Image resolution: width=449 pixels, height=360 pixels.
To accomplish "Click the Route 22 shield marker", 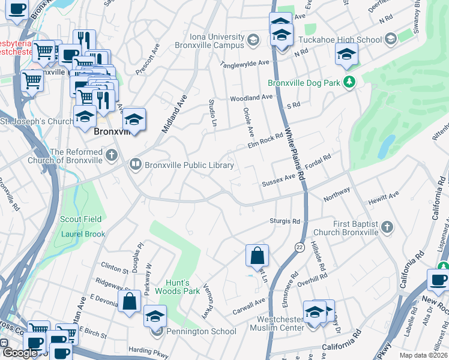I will pos(299,247).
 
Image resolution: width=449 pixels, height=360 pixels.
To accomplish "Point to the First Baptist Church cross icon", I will pos(387,227).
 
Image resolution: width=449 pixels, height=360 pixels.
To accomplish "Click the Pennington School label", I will pos(202,331).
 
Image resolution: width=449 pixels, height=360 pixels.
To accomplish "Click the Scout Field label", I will pos(80,219).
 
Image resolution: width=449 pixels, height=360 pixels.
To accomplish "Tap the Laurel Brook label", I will pos(83,234).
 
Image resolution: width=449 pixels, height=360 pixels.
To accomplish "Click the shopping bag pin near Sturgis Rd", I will pos(257,256).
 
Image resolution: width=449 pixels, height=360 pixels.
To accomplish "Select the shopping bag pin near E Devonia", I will pos(130,302).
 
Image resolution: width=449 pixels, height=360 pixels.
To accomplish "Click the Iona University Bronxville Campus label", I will pos(210,41).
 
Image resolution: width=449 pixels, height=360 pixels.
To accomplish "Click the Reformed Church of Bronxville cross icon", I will pos(111,156).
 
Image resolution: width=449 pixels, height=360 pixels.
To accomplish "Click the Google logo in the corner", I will pos(20,353).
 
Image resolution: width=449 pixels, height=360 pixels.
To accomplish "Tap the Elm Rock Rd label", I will pos(265,142).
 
